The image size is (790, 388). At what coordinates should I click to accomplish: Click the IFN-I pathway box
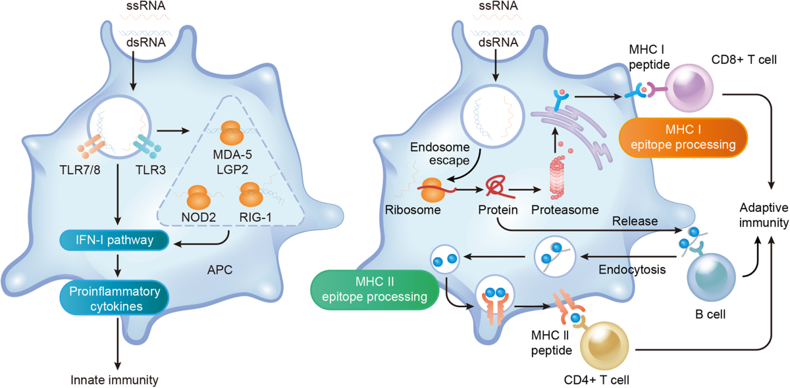point(117,241)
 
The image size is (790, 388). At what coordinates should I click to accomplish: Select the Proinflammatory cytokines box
point(117,298)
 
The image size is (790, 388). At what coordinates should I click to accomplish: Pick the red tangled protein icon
point(494,187)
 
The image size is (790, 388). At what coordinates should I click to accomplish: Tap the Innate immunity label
point(116,379)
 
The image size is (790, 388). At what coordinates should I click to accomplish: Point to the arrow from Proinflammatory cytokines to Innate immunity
point(117,341)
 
